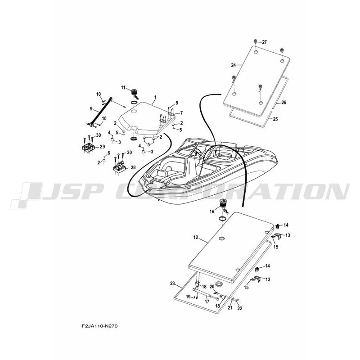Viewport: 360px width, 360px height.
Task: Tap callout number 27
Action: (x=264, y=42)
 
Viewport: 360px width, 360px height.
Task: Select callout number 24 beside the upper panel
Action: (x=234, y=65)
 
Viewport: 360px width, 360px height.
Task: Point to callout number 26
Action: (x=284, y=103)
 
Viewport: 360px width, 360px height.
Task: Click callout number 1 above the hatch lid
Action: (x=155, y=97)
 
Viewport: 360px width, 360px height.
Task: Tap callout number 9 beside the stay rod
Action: (x=91, y=108)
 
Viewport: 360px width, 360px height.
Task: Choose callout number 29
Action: (x=102, y=147)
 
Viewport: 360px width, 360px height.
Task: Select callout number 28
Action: (x=133, y=168)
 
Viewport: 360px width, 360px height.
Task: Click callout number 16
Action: (x=211, y=211)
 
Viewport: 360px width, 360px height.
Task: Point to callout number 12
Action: (x=196, y=236)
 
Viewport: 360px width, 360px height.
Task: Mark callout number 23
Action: (x=172, y=283)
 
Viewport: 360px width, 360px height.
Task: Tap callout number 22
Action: (x=240, y=308)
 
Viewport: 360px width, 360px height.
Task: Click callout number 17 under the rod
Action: (x=207, y=302)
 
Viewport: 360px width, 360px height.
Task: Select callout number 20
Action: (x=212, y=287)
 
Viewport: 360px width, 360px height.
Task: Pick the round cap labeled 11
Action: (x=134, y=94)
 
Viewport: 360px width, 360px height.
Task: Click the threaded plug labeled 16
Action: (x=222, y=207)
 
